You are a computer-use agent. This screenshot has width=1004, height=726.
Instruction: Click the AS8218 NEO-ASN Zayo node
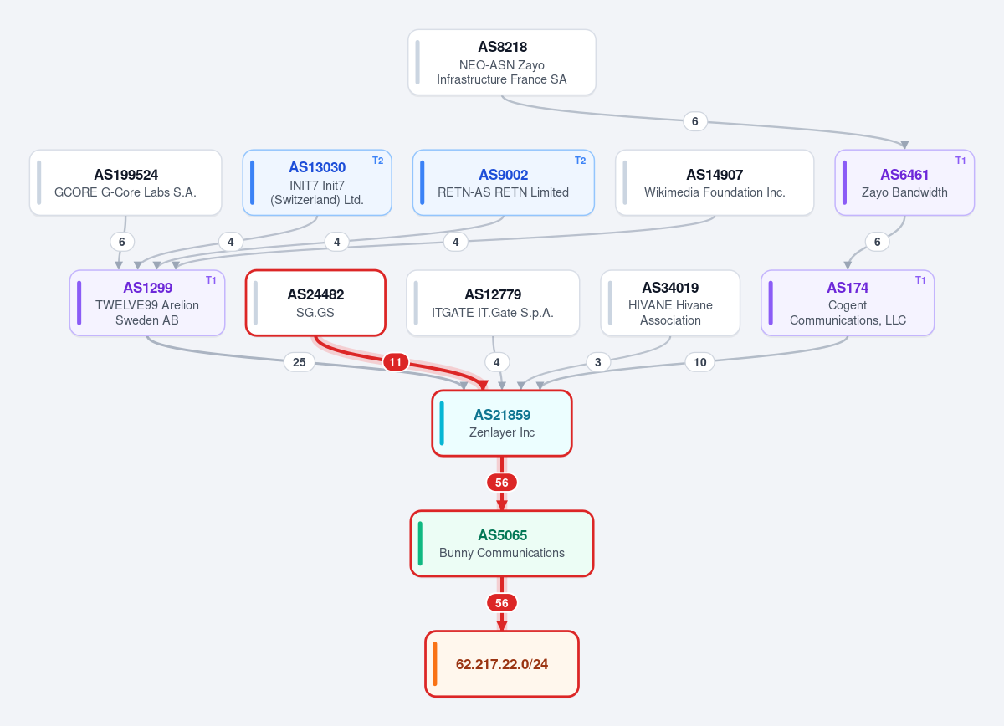click(501, 62)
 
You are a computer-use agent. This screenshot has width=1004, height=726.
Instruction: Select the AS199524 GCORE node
click(125, 182)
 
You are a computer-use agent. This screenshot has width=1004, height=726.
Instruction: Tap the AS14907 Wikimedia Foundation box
click(715, 182)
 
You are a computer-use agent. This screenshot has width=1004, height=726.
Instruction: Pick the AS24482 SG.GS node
click(315, 303)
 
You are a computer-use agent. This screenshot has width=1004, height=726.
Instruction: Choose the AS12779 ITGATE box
click(493, 303)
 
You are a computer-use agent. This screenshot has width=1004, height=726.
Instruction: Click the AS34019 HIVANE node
click(670, 303)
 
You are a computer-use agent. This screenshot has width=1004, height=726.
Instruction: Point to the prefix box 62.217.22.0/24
click(501, 664)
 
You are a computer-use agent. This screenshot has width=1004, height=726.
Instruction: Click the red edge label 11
click(395, 362)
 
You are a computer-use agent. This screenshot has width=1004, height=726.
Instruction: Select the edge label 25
click(299, 362)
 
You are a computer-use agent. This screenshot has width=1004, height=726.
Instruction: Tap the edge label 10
click(699, 362)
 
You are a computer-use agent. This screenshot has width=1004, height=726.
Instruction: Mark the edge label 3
click(598, 362)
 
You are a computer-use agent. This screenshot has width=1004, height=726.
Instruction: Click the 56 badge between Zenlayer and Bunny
click(501, 483)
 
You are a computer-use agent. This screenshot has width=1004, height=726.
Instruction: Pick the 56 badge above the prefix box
click(501, 603)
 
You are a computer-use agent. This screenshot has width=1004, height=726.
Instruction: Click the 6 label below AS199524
click(122, 242)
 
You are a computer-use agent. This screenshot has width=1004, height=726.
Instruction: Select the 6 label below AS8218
click(694, 121)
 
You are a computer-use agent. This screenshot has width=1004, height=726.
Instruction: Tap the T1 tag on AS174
click(920, 280)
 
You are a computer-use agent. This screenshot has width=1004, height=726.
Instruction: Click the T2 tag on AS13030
click(378, 161)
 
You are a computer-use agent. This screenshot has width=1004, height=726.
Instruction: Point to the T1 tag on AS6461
click(960, 161)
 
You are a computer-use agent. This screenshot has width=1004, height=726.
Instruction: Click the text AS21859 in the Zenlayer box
click(502, 415)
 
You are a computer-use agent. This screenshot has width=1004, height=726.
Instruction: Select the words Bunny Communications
click(502, 553)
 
